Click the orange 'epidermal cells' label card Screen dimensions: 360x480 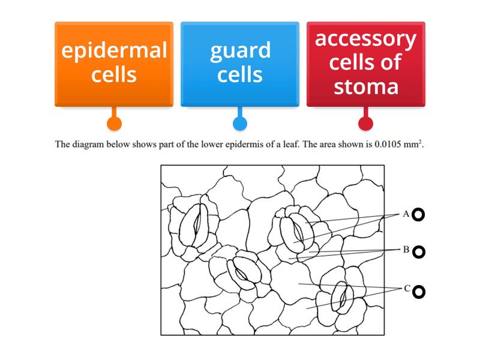click(x=114, y=64)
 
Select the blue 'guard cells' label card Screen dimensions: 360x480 click(x=240, y=64)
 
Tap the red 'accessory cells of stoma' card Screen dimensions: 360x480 click(x=366, y=64)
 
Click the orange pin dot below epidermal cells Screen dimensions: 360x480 click(x=114, y=124)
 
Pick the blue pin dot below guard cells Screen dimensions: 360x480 click(x=240, y=124)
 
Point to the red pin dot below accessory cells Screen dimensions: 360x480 click(x=366, y=124)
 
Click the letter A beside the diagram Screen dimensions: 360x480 click(x=406, y=214)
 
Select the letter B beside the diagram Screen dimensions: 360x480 click(x=406, y=250)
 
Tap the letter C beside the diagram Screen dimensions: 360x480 click(x=406, y=289)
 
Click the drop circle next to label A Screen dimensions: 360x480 click(x=419, y=214)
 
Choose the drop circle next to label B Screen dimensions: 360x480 click(x=419, y=252)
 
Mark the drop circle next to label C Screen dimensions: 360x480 click(x=419, y=292)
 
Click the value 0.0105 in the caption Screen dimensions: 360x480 click(x=388, y=144)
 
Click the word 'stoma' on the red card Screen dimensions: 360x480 click(x=366, y=86)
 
